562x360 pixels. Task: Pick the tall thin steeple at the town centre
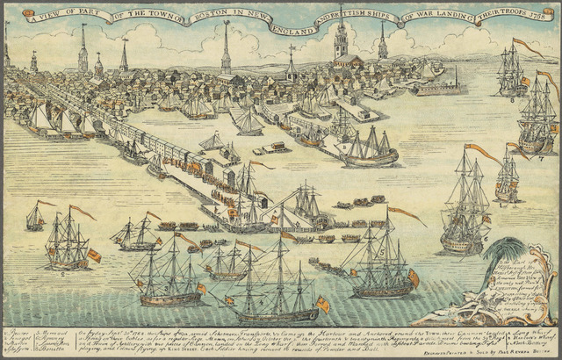click(226, 48)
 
